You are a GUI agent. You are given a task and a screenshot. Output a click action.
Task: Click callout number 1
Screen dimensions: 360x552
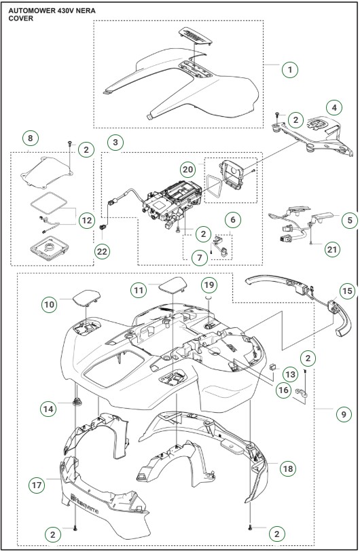290,69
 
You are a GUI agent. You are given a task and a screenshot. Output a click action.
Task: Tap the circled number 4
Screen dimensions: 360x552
334,107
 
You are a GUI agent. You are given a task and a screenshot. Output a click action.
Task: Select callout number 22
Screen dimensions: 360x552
102,251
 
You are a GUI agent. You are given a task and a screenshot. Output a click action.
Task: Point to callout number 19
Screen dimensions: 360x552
209,284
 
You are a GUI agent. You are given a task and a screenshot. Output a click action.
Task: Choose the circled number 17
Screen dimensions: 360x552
37,485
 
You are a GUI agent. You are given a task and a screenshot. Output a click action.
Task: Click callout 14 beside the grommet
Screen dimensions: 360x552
48,409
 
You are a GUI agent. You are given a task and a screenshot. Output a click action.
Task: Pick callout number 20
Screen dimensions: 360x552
187,170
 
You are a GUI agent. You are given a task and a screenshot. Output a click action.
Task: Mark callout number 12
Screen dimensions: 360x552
86,221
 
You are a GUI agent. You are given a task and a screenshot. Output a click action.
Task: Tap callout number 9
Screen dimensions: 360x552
344,414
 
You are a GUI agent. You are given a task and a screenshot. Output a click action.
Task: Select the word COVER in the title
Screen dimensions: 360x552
21,18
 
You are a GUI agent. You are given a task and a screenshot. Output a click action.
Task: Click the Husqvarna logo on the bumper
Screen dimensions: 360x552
84,503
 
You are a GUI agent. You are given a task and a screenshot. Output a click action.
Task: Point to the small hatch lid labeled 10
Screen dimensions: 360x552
87,297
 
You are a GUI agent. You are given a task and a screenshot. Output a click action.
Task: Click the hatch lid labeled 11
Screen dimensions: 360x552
173,284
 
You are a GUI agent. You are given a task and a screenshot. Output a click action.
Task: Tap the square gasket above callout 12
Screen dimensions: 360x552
48,203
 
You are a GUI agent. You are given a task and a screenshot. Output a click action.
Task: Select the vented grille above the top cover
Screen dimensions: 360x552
196,36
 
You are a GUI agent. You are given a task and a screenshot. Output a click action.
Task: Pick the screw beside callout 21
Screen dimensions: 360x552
311,243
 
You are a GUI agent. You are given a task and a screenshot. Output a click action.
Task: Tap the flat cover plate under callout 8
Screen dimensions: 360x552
47,172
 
